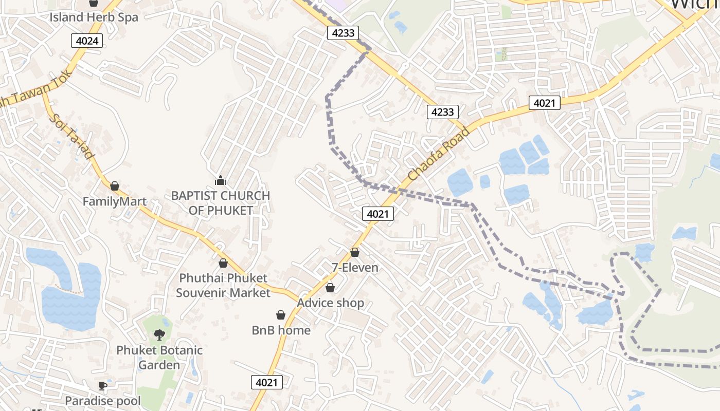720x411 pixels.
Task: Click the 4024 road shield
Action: click(x=87, y=41)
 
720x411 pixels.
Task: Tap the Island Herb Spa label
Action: click(x=94, y=17)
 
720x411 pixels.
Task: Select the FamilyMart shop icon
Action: click(x=115, y=185)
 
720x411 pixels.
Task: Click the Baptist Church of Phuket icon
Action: click(x=221, y=180)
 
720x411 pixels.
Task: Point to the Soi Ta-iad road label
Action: click(x=72, y=137)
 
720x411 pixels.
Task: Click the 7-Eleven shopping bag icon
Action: click(x=355, y=252)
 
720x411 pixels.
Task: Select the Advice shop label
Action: click(x=330, y=303)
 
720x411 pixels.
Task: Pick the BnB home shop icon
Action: click(x=281, y=315)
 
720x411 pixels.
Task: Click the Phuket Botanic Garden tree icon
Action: click(x=159, y=335)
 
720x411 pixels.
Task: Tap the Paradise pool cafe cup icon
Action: click(x=103, y=385)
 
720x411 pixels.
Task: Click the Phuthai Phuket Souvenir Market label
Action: click(x=223, y=285)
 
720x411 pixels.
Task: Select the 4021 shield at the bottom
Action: click(x=267, y=382)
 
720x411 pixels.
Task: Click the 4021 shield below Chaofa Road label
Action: click(x=378, y=214)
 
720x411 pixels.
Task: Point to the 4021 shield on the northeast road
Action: click(x=544, y=103)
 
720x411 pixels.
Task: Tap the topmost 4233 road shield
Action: click(x=343, y=33)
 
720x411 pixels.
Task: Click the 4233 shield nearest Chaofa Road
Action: click(x=442, y=111)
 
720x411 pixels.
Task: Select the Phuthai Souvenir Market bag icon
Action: click(x=223, y=263)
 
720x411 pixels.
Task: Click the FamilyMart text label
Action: click(x=115, y=201)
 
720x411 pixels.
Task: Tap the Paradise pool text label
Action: click(x=103, y=400)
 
